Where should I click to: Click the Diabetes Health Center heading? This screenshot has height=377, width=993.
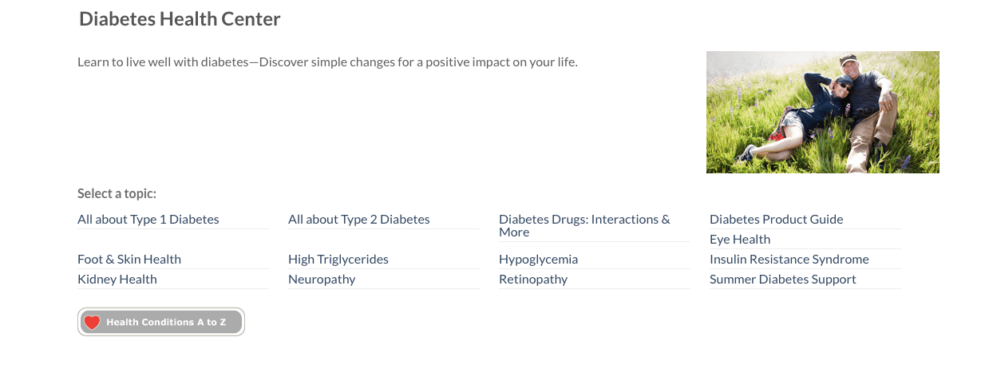click(180, 19)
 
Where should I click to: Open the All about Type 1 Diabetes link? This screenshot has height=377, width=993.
click(148, 219)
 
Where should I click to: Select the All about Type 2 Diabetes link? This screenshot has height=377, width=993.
click(358, 219)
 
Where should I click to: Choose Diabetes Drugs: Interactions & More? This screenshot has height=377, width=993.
click(584, 226)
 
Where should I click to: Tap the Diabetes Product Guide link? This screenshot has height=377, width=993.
click(776, 219)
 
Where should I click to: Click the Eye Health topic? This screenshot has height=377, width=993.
click(740, 239)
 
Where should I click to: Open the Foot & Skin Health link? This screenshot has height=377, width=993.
click(129, 259)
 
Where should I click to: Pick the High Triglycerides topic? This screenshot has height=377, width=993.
click(338, 259)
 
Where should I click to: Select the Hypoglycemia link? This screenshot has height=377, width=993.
click(538, 259)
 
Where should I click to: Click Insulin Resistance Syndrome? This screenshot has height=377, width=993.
click(789, 259)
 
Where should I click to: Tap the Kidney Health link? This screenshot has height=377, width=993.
click(117, 279)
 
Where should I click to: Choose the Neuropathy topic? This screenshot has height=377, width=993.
click(322, 279)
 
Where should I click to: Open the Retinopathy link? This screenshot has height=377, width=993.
click(533, 279)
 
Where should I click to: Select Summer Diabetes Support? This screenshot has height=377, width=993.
click(782, 279)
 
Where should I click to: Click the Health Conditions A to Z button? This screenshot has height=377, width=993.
click(161, 322)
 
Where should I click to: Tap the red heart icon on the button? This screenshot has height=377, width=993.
click(93, 323)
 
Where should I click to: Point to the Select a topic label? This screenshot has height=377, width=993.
click(117, 193)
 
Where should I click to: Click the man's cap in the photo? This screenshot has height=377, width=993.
click(848, 58)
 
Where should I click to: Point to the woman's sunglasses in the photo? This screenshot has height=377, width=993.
click(843, 85)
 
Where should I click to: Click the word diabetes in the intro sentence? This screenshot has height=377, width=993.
click(225, 62)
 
